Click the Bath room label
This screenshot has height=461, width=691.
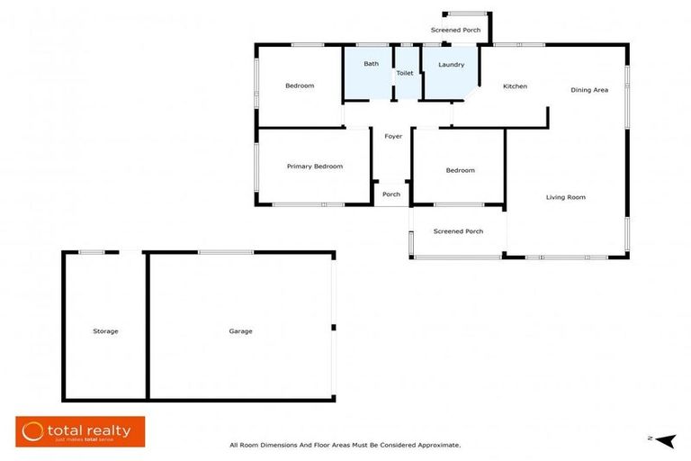pyautogui.click(x=371, y=64)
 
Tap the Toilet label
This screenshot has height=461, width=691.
pyautogui.click(x=405, y=73)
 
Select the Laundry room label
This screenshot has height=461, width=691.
pyautogui.click(x=451, y=65)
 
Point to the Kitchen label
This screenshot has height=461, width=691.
pyautogui.click(x=515, y=86)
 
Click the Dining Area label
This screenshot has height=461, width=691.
pyautogui.click(x=589, y=90)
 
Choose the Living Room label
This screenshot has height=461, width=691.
pyautogui.click(x=566, y=197)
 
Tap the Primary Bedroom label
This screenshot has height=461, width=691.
pyautogui.click(x=315, y=167)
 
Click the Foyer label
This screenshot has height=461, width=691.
pyautogui.click(x=393, y=137)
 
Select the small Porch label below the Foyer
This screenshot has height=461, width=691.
pyautogui.click(x=391, y=194)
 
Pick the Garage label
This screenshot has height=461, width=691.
pyautogui.click(x=240, y=331)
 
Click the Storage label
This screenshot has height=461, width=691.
pyautogui.click(x=105, y=331)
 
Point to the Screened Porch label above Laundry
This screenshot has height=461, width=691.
pyautogui.click(x=455, y=31)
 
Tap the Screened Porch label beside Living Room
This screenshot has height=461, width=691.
pyautogui.click(x=458, y=231)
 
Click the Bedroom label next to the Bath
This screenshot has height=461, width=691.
pyautogui.click(x=300, y=86)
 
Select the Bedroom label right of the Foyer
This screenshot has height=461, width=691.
pyautogui.click(x=460, y=170)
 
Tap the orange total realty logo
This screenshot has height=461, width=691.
pyautogui.click(x=80, y=431)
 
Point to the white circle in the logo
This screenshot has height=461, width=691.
pyautogui.click(x=33, y=431)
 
